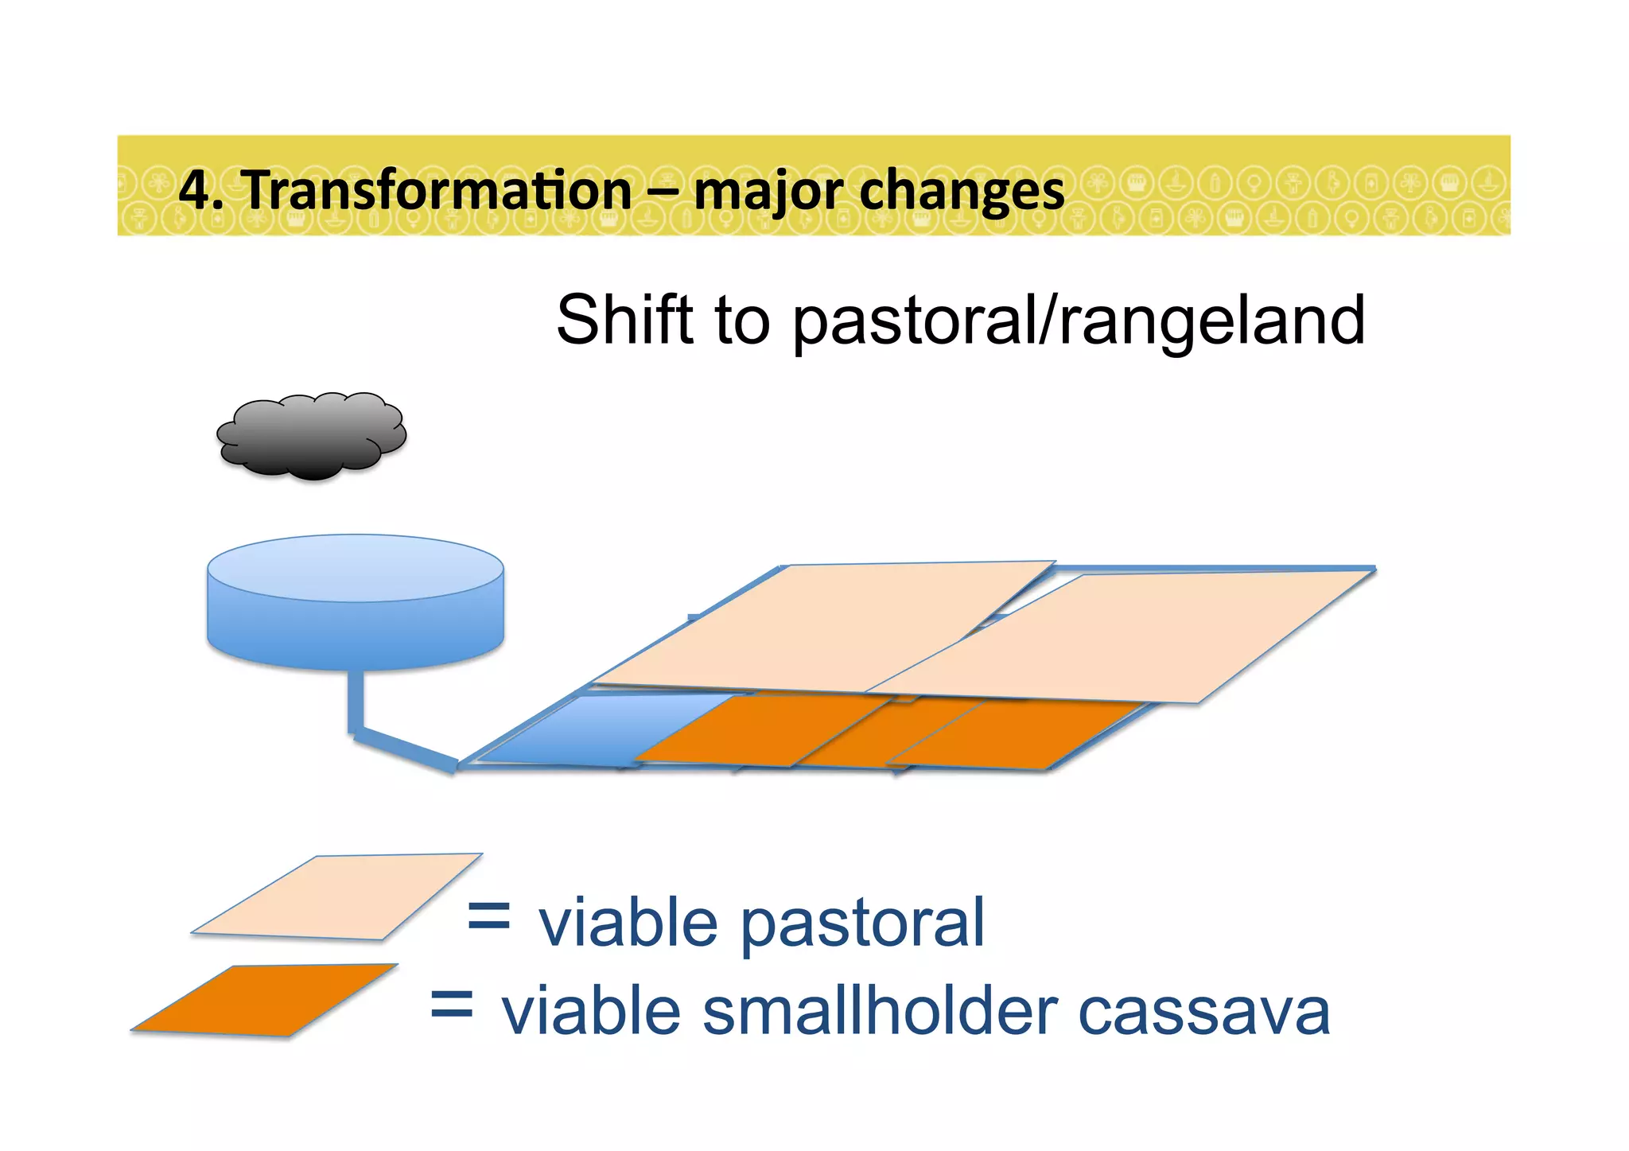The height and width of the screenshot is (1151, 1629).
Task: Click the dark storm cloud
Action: [x=312, y=435]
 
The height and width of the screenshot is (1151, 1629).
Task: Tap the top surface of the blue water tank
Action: [x=355, y=567]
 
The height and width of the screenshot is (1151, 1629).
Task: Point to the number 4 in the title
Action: [x=193, y=191]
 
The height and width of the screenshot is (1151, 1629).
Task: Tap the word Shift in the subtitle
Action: [x=624, y=320]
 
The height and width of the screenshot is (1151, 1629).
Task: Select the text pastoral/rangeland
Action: [x=1079, y=321]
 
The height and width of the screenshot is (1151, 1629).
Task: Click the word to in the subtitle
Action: [x=742, y=321]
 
